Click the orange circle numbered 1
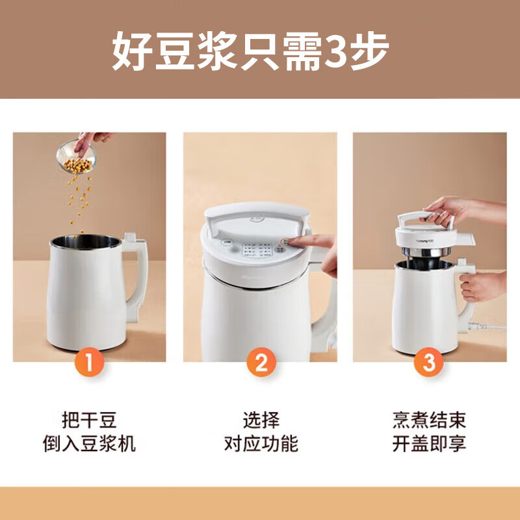tap(90, 362)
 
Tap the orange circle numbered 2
tap(260, 362)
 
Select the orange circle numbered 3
tap(429, 362)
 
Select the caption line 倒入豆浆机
tap(90, 444)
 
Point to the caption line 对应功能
tap(260, 444)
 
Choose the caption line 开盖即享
tap(429, 444)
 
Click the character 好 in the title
tap(131, 51)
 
